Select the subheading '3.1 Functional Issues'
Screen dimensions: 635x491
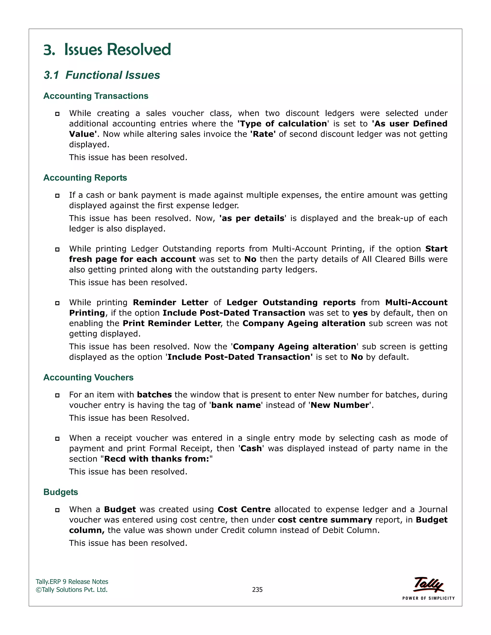tap(102, 75)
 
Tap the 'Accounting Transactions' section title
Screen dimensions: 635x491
tap(96, 96)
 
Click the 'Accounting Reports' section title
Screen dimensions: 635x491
tap(85, 178)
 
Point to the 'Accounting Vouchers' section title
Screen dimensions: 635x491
tap(88, 377)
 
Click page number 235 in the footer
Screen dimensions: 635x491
tap(257, 590)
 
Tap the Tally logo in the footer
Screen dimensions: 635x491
tap(428, 584)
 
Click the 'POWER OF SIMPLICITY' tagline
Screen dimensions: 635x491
tap(428, 598)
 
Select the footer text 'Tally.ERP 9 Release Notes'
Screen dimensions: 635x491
tap(72, 582)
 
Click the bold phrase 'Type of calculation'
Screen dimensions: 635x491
tap(282, 124)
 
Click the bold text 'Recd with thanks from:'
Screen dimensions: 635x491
tap(157, 459)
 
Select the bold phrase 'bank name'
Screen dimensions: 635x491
tap(236, 405)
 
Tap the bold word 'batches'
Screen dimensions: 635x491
tap(154, 395)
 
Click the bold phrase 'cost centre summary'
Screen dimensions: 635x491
tap(325, 520)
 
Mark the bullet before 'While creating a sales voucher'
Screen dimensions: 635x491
tap(57, 114)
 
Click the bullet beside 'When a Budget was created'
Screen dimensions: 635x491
tap(57, 510)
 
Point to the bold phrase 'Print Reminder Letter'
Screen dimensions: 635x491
tap(172, 323)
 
